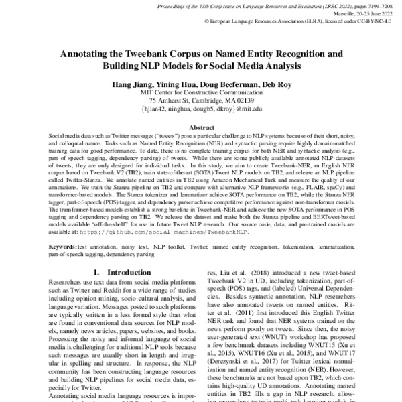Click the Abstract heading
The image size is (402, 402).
pyautogui.click(x=201, y=127)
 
